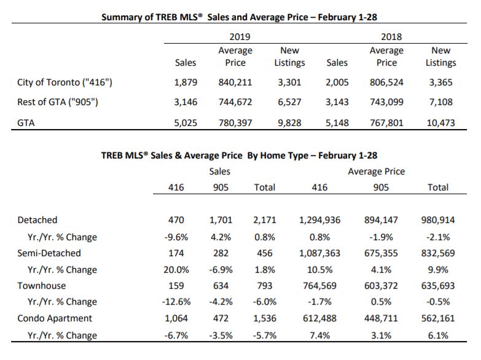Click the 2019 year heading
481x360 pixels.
tap(240, 37)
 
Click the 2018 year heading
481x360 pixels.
tap(391, 37)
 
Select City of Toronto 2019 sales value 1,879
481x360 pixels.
tap(186, 82)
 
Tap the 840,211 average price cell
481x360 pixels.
tap(235, 82)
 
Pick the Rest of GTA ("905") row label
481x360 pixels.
tap(58, 102)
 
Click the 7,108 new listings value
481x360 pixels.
tap(441, 102)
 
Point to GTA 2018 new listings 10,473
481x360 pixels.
tap(441, 123)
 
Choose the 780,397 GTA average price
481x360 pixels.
tap(235, 123)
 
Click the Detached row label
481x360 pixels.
tap(37, 220)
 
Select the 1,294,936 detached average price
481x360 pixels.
tap(319, 220)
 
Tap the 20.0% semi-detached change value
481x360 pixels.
tap(176, 270)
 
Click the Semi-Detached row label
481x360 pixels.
tap(49, 253)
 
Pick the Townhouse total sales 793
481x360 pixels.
tap(265, 286)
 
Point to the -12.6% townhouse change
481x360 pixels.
tap(176, 302)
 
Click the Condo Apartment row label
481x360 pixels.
tap(55, 318)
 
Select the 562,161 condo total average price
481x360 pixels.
tap(438, 318)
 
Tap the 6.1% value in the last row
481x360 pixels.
tap(438, 335)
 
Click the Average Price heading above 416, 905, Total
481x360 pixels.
tap(377, 171)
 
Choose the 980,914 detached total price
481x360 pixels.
tap(438, 220)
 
